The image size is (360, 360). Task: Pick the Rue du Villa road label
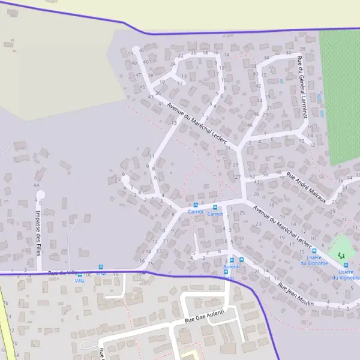(63, 273)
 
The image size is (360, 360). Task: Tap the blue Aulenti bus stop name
(231, 266)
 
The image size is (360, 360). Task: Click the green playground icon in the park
(341, 256)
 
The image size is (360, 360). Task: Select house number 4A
(37, 185)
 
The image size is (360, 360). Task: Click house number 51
(130, 53)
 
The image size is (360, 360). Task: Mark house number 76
(5, 303)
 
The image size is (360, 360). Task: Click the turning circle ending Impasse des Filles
(41, 194)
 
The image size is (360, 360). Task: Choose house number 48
(250, 125)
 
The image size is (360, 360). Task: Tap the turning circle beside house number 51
(136, 49)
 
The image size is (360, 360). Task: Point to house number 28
(302, 49)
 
